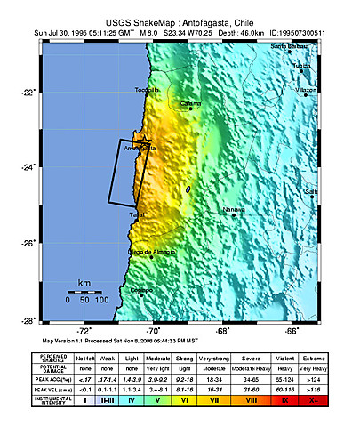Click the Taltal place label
(x=137, y=215)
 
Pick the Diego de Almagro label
(x=152, y=253)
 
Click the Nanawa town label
(x=234, y=211)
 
